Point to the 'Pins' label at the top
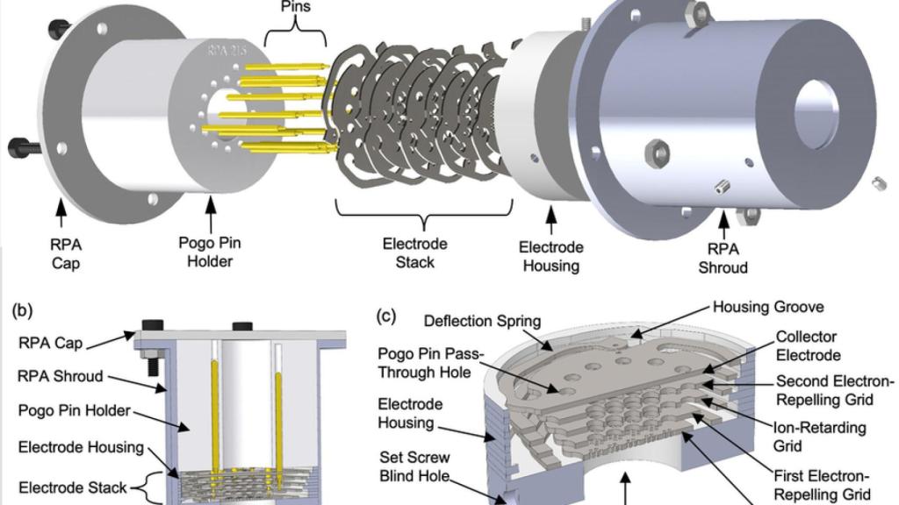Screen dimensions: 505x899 tap(295, 7)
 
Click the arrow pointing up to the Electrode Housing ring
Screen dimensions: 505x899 tap(552, 221)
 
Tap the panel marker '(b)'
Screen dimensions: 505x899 tap(24, 310)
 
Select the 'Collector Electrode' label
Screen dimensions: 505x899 tap(806, 345)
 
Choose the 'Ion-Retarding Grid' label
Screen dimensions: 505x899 tap(807, 436)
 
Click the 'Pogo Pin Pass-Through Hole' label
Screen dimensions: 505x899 tap(428, 361)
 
